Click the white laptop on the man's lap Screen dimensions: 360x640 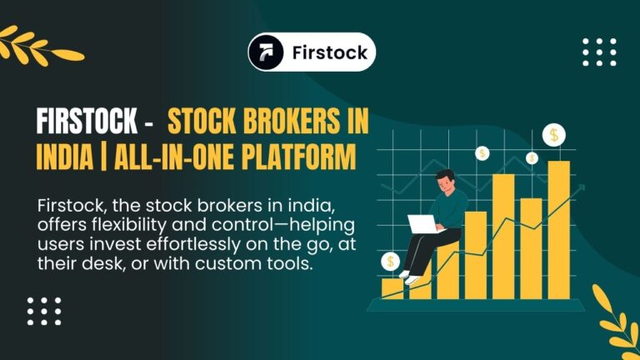[423, 223]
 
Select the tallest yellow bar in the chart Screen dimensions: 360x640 [558, 229]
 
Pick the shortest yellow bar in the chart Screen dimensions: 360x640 [392, 287]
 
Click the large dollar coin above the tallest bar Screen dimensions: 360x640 [555, 135]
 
